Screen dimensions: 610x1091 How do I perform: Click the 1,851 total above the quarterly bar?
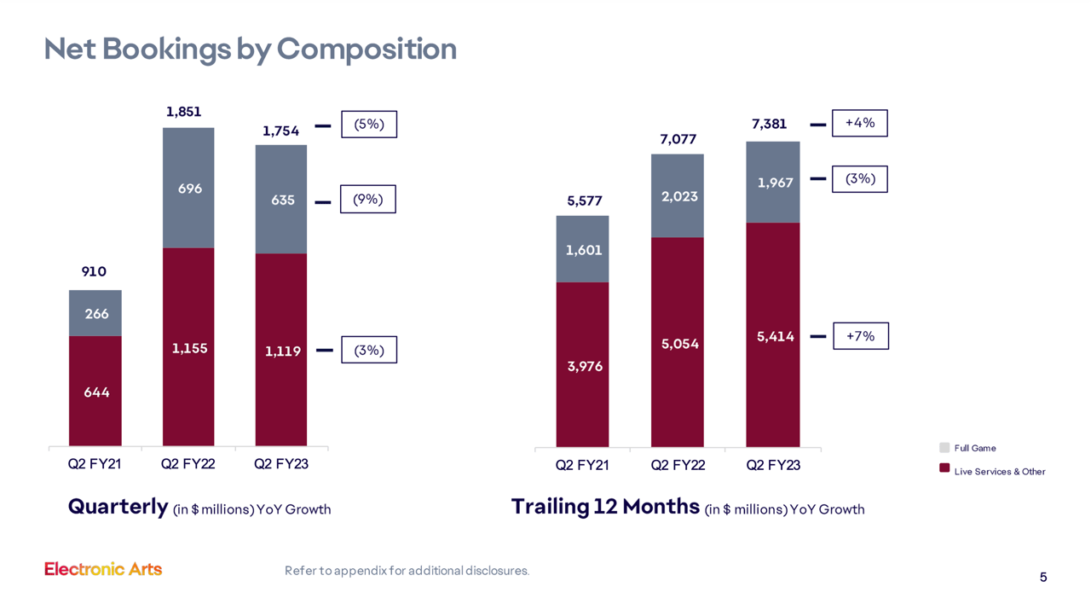183,112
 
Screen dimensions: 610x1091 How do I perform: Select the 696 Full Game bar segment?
189,189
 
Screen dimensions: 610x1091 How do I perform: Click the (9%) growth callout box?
367,200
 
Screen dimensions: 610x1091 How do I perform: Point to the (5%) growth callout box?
368,125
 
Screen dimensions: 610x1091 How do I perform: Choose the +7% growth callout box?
860,336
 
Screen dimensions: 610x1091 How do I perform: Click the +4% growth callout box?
859,124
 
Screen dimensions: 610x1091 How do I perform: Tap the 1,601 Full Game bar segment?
582,250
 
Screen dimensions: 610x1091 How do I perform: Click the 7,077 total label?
678,139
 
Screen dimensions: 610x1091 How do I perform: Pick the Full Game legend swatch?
944,448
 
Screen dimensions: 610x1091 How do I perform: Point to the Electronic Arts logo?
103,569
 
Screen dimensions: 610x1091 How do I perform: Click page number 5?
1043,578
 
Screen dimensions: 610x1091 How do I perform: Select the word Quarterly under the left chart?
118,507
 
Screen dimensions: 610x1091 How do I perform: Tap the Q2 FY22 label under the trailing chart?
678,466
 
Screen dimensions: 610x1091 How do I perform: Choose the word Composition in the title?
367,49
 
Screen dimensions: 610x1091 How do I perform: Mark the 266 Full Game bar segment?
95,314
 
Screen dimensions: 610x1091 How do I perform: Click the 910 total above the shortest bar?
94,272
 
